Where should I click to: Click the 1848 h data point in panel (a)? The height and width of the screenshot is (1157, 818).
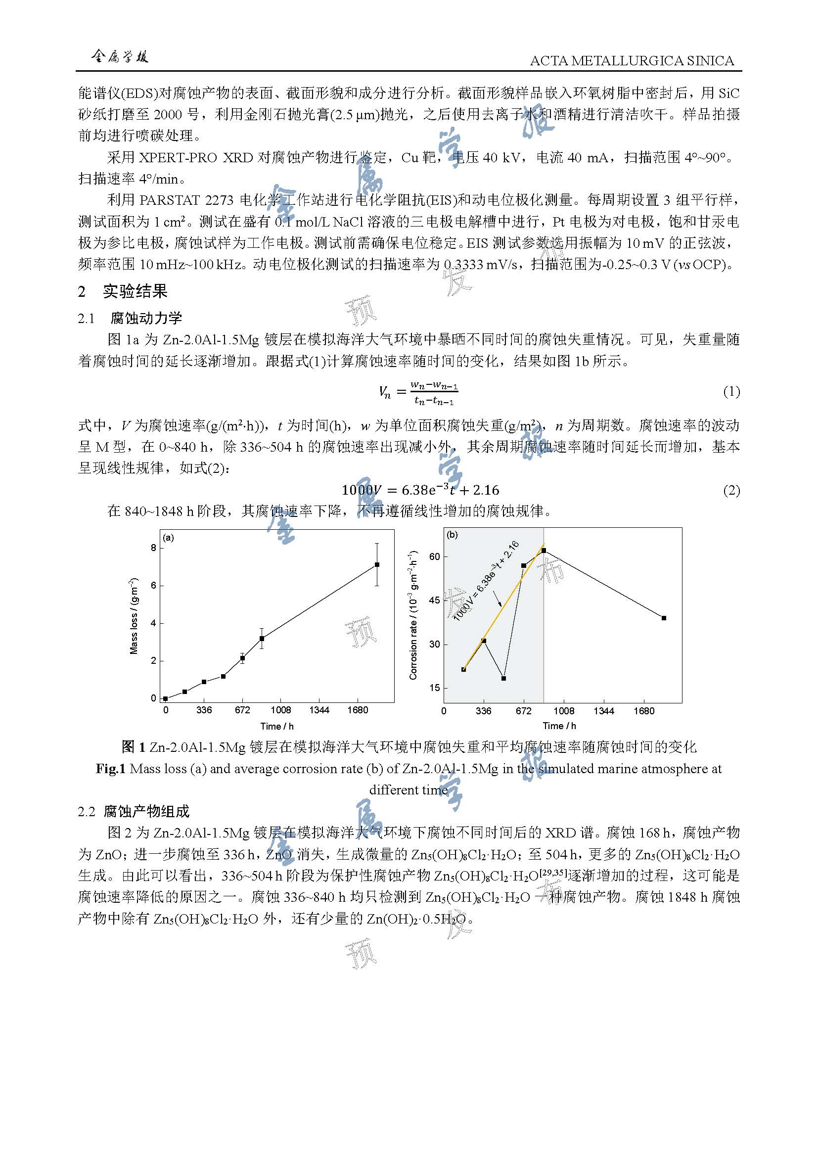[377, 565]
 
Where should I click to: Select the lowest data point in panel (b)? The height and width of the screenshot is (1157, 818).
[503, 678]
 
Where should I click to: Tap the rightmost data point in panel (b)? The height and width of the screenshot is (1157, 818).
[664, 618]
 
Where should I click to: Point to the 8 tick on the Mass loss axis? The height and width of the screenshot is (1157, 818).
[154, 548]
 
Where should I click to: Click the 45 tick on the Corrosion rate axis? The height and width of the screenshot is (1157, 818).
[434, 600]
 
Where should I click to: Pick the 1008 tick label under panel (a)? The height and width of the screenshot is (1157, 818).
[280, 710]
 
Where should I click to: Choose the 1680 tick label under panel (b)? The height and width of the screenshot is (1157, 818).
[644, 711]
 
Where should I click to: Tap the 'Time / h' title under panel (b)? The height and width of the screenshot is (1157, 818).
[559, 726]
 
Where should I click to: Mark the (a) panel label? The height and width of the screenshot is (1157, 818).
[169, 538]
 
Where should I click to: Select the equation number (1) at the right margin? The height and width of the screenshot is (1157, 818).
[731, 392]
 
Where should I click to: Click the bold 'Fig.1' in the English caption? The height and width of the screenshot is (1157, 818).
[110, 769]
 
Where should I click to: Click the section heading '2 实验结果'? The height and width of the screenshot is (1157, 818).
[123, 291]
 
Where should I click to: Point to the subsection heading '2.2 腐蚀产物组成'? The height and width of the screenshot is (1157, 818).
[134, 811]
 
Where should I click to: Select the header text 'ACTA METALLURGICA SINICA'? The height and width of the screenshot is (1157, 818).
[632, 60]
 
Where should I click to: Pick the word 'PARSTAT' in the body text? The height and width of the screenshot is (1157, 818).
[170, 200]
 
